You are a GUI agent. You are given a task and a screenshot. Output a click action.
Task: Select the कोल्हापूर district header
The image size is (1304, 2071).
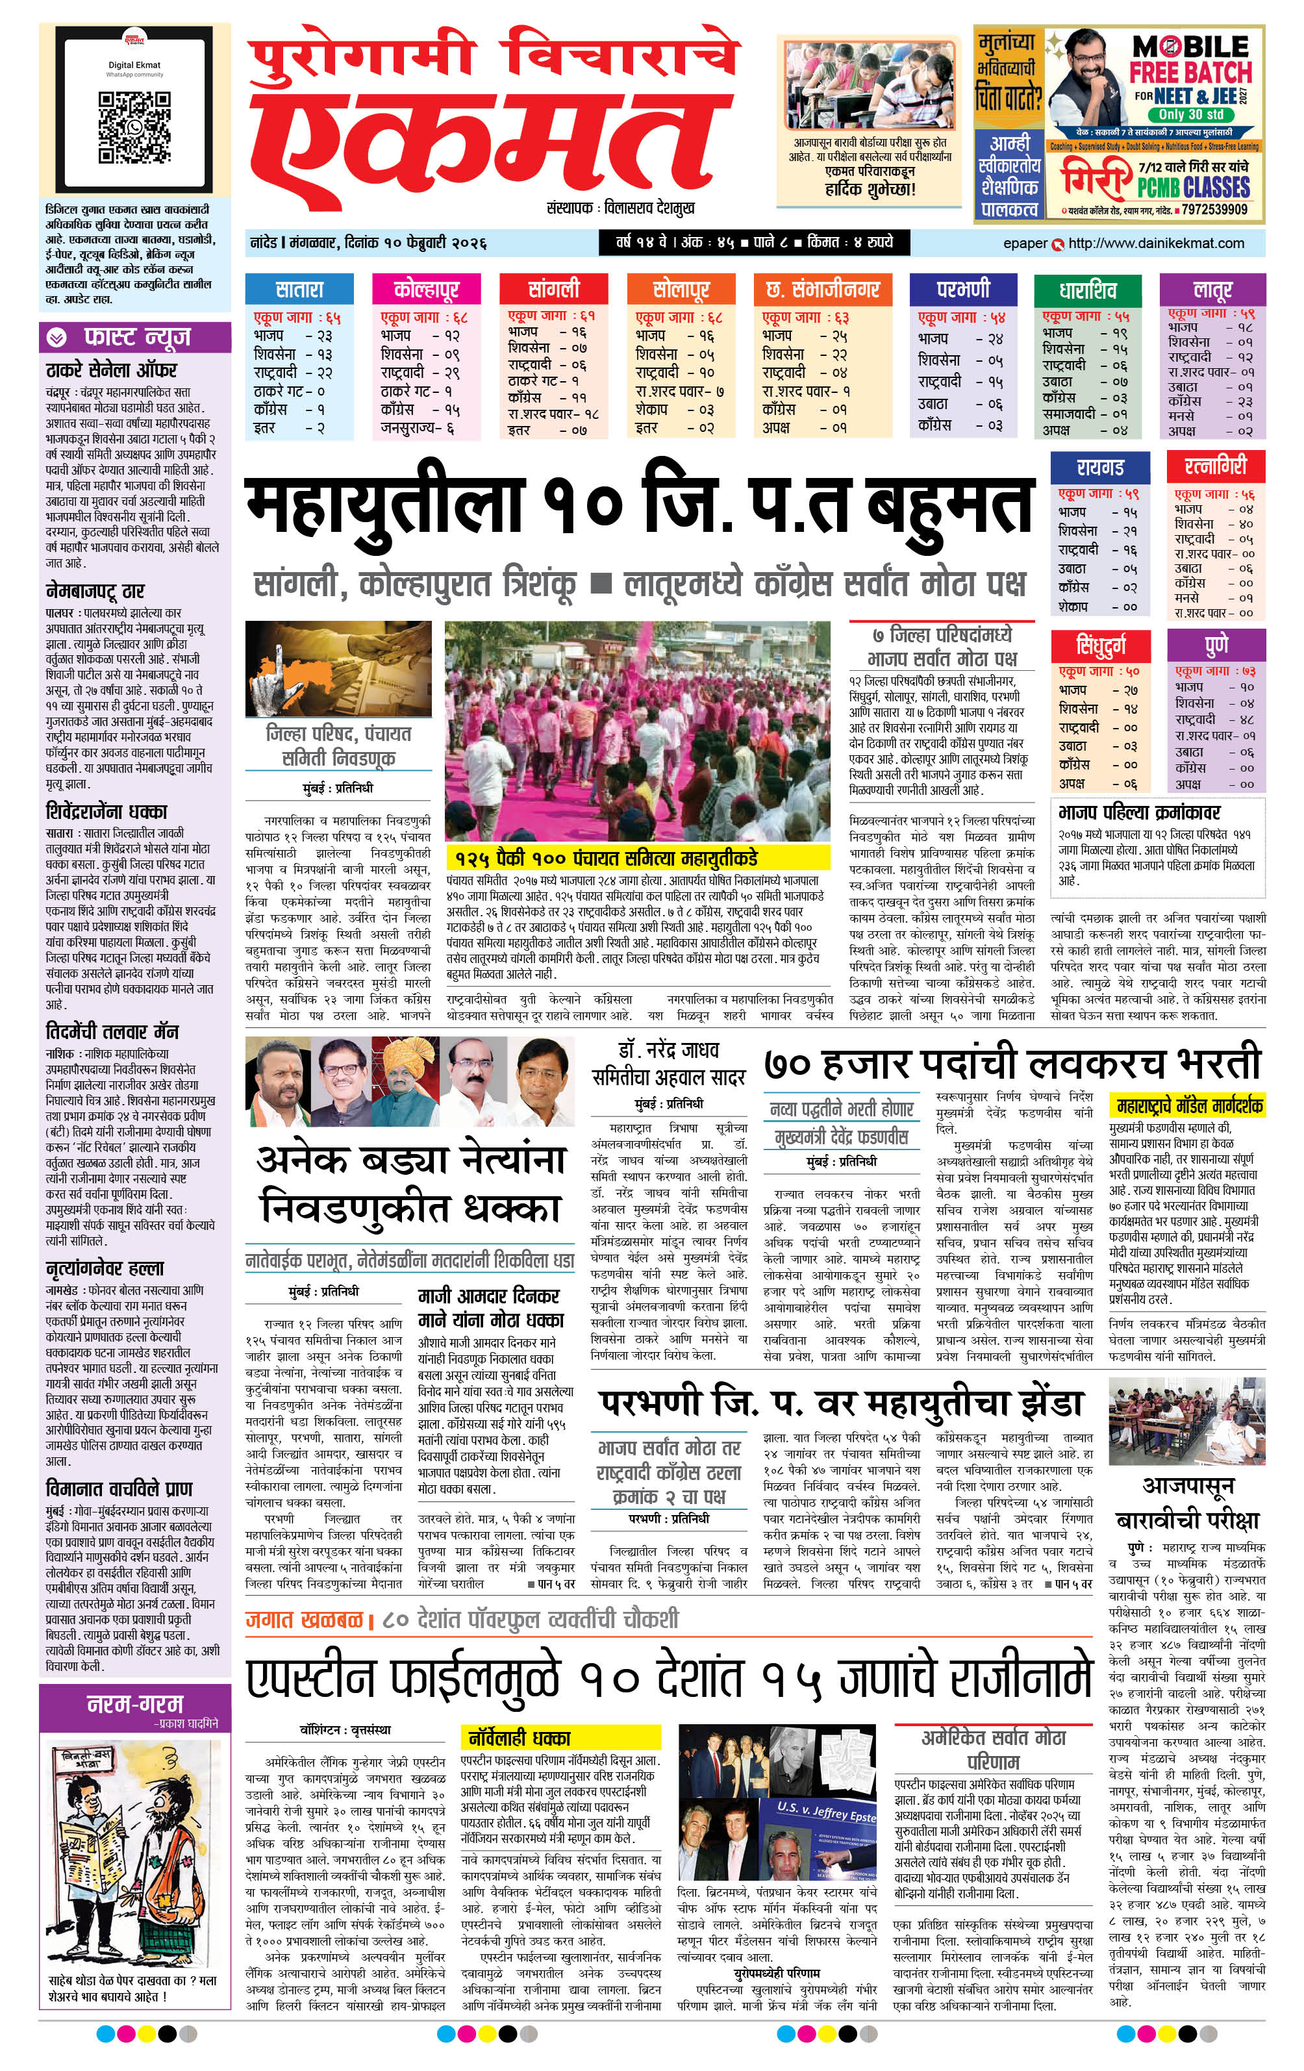click(426, 289)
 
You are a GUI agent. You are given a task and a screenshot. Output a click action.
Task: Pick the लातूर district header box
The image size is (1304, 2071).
click(1212, 288)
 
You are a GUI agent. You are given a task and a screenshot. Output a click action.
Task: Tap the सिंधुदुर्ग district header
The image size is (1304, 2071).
click(1099, 645)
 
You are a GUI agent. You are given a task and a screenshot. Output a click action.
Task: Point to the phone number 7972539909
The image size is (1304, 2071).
click(1214, 209)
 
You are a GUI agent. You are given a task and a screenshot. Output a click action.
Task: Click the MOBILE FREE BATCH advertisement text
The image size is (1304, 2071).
click(1190, 58)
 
